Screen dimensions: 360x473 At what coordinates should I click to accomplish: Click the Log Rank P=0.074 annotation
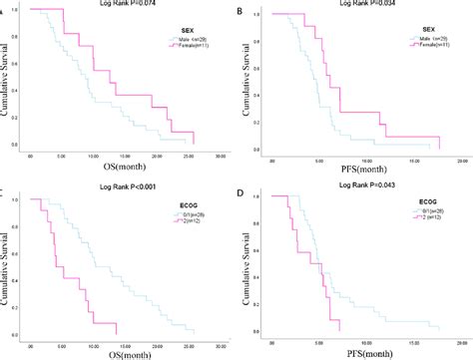pyautogui.click(x=119, y=5)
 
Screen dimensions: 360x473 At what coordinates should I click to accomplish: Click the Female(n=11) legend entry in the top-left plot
pyautogui.click(x=192, y=49)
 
